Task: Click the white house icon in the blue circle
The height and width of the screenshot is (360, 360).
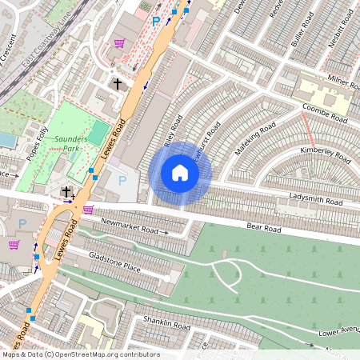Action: click(180, 173)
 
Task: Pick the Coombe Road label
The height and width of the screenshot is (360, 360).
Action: click(324, 113)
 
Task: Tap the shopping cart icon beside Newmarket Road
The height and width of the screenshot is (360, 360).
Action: click(87, 210)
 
